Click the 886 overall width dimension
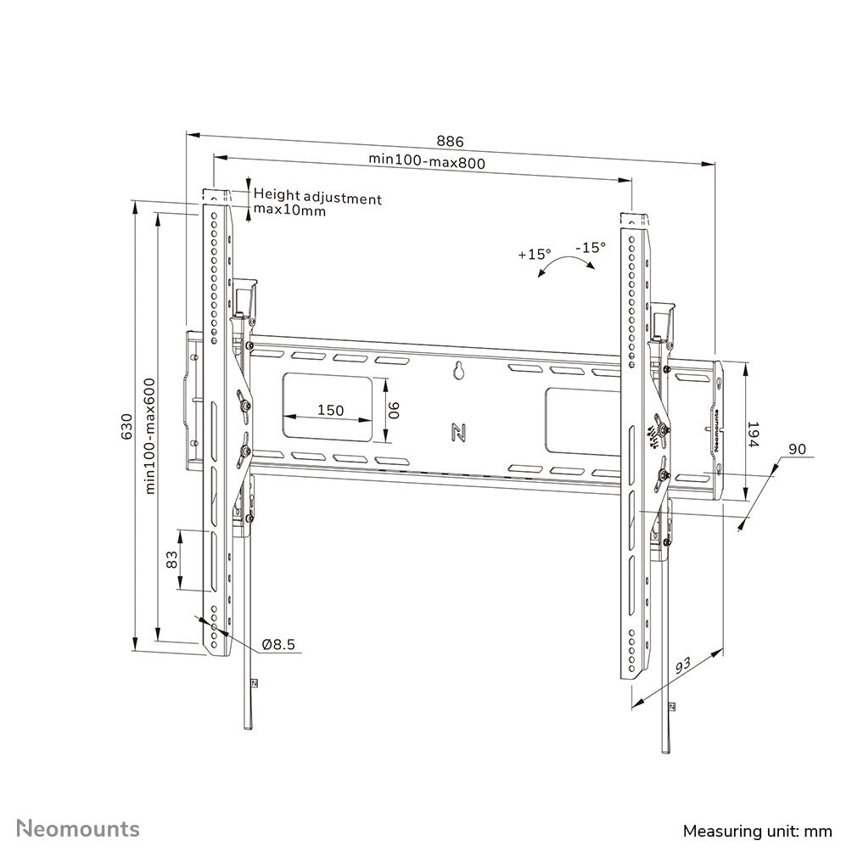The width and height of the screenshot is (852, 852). click(x=451, y=141)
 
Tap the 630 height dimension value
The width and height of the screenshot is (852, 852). click(x=127, y=425)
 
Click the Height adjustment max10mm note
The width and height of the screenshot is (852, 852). click(x=317, y=204)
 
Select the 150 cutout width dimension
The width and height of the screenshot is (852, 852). click(x=330, y=410)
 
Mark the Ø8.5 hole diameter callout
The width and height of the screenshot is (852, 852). click(x=278, y=645)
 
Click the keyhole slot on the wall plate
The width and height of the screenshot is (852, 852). click(x=459, y=370)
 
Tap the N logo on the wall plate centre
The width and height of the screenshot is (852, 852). click(x=459, y=432)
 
